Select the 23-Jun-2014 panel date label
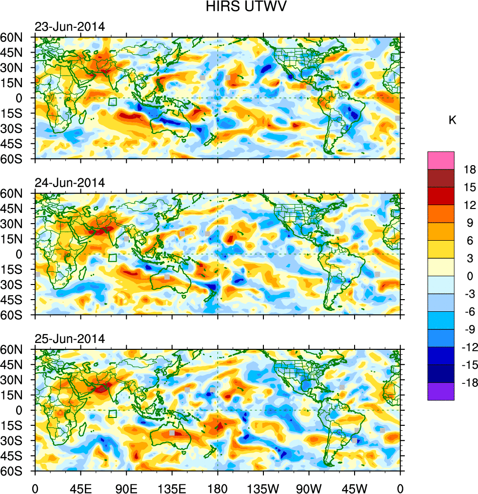69,27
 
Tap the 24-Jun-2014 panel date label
69,183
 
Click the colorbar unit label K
452,120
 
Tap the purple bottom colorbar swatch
440,392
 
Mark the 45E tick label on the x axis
80,487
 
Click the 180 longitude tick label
218,487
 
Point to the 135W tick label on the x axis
263,487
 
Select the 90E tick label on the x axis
126,487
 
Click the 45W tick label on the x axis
354,487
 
